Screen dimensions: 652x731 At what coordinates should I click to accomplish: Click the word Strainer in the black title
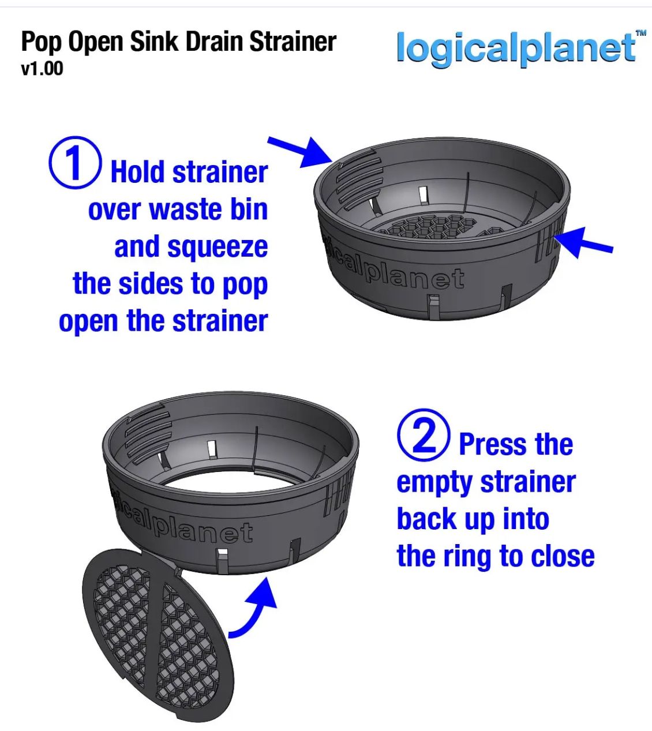(293, 42)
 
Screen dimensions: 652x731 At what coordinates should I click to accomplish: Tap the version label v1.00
(42, 69)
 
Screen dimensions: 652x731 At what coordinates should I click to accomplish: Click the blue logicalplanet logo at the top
(516, 48)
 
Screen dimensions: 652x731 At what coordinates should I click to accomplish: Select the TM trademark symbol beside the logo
(641, 33)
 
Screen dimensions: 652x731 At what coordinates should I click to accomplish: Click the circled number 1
(75, 162)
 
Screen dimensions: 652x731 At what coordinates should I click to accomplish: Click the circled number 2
(424, 436)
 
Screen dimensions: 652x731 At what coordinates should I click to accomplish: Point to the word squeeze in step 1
(218, 248)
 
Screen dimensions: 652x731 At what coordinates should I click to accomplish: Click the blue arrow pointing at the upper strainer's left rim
(300, 153)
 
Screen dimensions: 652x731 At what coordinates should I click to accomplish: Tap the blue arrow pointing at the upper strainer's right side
(583, 242)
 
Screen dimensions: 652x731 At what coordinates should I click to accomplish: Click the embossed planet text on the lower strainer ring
(202, 530)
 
